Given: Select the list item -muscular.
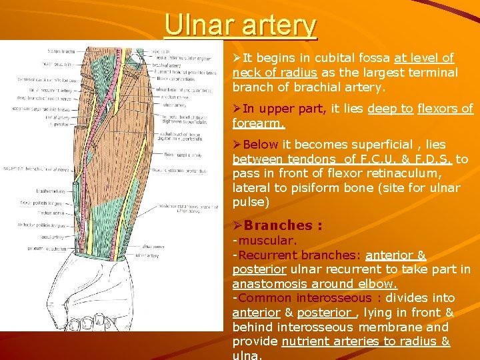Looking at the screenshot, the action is point(265,240).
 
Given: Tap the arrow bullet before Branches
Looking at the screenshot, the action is point(237,225).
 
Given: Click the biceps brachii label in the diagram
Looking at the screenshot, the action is point(61,51).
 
